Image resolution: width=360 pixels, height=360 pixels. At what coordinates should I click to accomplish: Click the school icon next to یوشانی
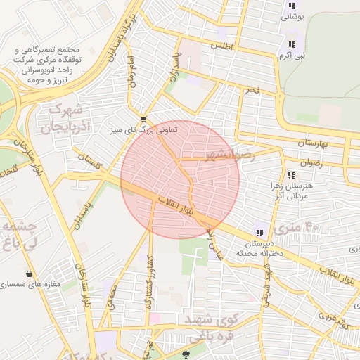[x=291, y=6]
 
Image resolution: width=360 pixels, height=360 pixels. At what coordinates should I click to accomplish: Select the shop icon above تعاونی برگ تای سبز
[x=143, y=120]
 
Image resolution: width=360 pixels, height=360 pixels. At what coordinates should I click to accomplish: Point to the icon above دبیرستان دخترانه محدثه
[x=259, y=233]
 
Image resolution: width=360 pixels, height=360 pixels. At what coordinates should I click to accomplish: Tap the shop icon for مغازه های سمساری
[x=29, y=274]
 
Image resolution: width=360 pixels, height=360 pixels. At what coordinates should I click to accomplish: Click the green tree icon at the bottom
[x=186, y=355]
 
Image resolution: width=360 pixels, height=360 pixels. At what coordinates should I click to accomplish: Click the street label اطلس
[x=221, y=46]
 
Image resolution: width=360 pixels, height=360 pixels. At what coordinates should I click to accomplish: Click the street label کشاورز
[x=148, y=290]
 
